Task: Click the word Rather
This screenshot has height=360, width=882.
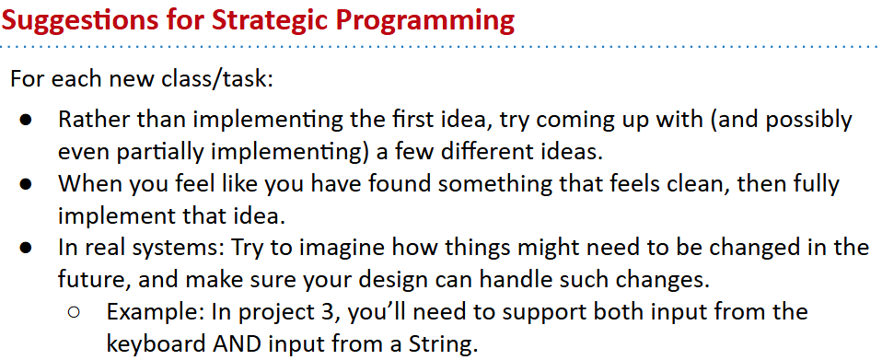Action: point(90,120)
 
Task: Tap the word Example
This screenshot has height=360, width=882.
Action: point(156,312)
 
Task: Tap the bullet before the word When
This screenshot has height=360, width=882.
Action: point(26,184)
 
